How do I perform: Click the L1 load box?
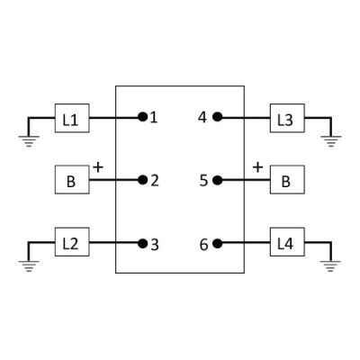click(72, 118)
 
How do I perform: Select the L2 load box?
click(72, 242)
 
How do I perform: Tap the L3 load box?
click(287, 118)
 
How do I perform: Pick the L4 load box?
click(287, 242)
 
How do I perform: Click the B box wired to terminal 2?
click(72, 179)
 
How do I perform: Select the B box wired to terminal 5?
click(287, 179)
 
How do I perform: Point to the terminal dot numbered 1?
click(143, 117)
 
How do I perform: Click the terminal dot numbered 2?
click(143, 180)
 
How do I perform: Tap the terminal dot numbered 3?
click(143, 244)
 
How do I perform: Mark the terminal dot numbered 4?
click(217, 117)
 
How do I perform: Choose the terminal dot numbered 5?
click(217, 180)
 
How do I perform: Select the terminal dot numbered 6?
click(217, 244)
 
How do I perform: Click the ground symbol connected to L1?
click(29, 141)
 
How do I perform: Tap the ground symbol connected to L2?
click(29, 266)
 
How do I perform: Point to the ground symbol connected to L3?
click(331, 141)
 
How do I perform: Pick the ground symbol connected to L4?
click(330, 266)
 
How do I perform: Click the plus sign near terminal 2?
click(98, 167)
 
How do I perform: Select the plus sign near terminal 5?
click(258, 167)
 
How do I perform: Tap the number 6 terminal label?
click(203, 245)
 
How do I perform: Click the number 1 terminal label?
click(154, 118)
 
